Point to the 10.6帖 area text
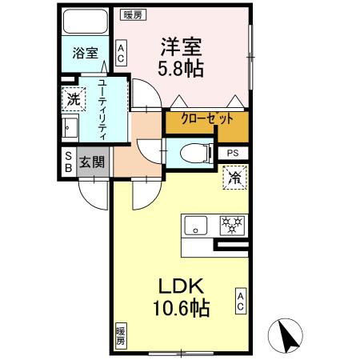183,308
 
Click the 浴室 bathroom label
85,54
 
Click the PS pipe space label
233,153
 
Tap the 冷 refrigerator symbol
234,177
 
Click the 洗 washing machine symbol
73,100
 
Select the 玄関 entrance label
93,162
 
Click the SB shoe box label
68,162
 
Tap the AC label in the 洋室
121,54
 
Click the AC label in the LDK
239,300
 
